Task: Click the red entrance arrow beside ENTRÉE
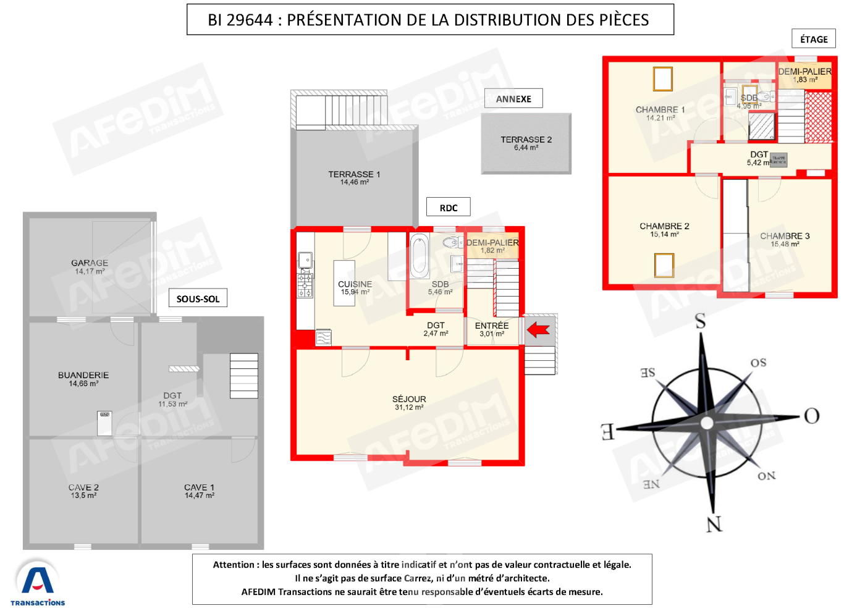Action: (538, 331)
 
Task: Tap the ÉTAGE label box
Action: (813, 39)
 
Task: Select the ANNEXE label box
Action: (513, 99)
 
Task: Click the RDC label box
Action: (449, 208)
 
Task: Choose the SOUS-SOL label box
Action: (198, 298)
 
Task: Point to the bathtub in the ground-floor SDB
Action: (420, 255)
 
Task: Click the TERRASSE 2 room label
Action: (526, 140)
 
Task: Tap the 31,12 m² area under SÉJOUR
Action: (409, 408)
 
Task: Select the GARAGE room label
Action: (90, 263)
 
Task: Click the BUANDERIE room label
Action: (83, 375)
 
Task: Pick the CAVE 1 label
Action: (199, 487)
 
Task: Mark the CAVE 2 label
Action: (83, 487)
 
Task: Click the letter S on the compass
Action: (700, 321)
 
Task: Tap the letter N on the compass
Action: (714, 525)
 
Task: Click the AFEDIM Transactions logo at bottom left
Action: (38, 584)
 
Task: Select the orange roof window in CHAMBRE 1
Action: (662, 79)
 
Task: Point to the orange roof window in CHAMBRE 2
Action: (664, 265)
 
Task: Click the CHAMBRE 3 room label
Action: (785, 236)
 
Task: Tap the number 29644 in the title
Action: (250, 20)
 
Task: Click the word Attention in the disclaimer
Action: (234, 565)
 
